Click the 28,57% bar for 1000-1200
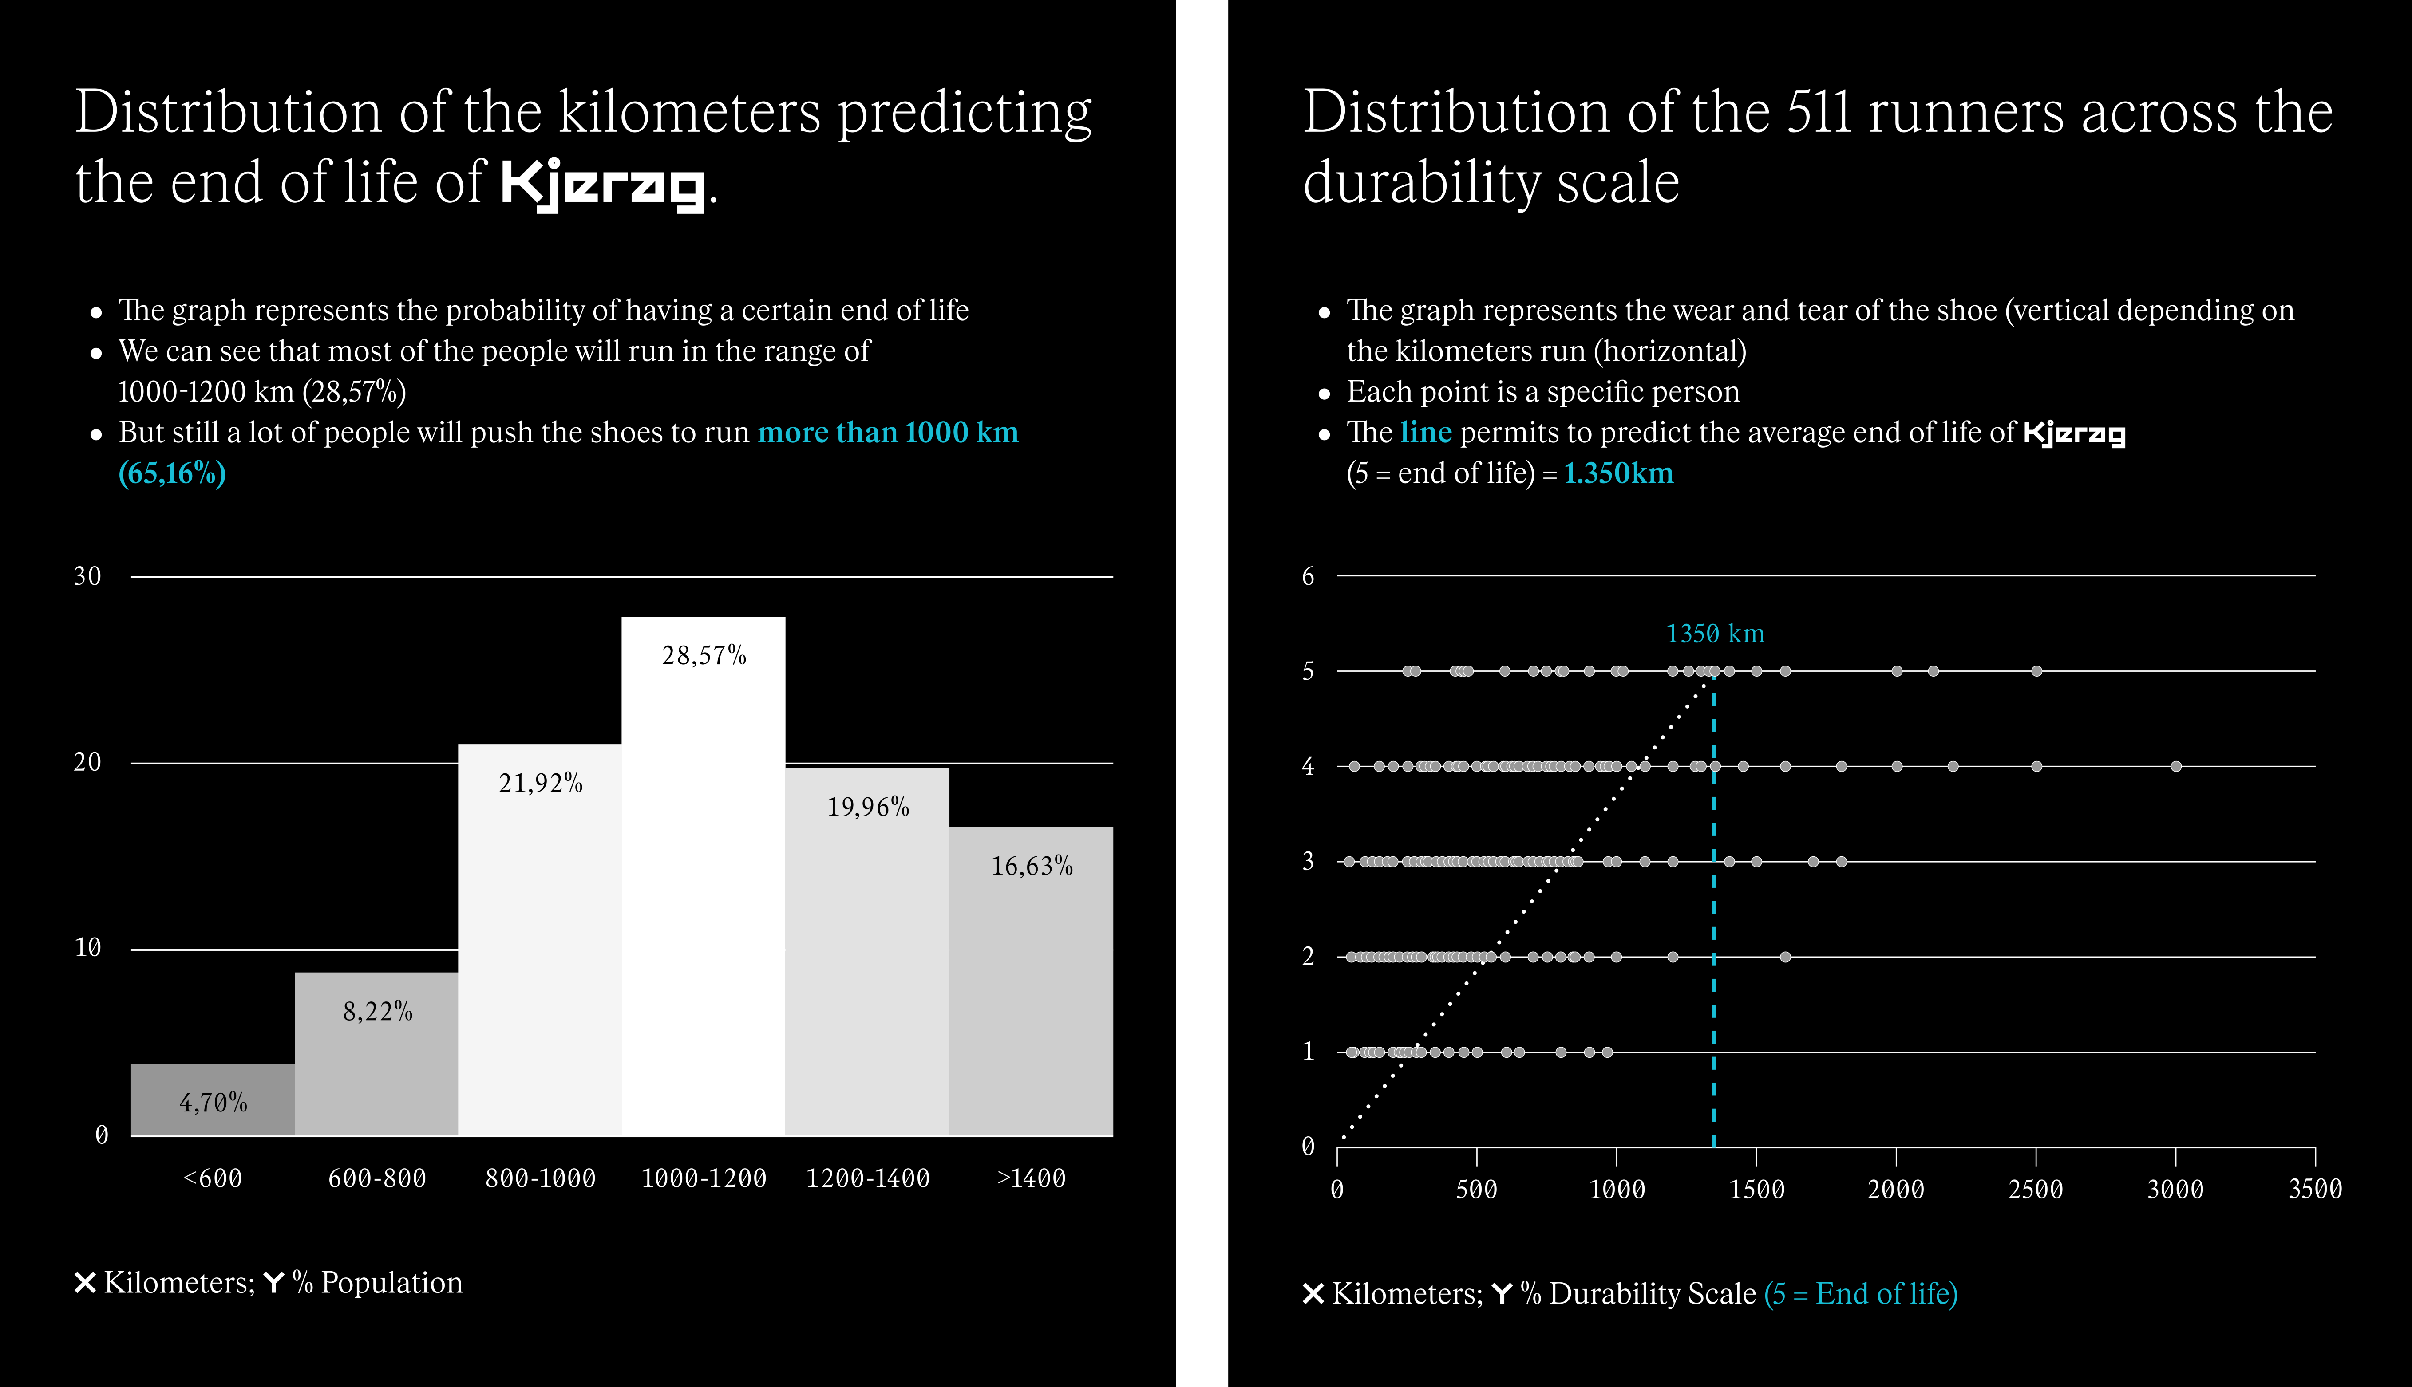point(703,876)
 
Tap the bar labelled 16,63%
point(1031,981)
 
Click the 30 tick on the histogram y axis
point(88,576)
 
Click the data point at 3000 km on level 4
point(2176,766)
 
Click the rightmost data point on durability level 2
point(1785,957)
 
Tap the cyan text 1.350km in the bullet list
point(1618,473)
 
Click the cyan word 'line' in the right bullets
point(1426,433)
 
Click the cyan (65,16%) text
point(171,473)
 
